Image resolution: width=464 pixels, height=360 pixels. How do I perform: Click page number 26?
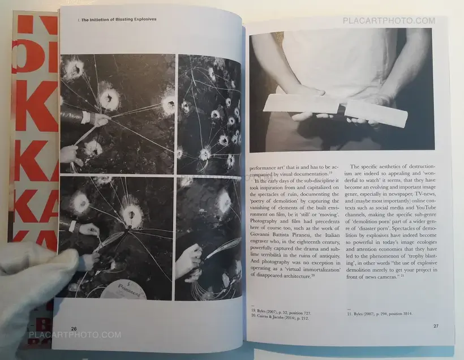[74, 328]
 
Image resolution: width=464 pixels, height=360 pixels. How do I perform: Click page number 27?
[435, 325]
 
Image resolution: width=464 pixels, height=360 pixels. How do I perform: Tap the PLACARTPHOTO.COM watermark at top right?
[389, 21]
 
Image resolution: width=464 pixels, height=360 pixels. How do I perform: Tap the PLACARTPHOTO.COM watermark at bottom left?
[75, 335]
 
